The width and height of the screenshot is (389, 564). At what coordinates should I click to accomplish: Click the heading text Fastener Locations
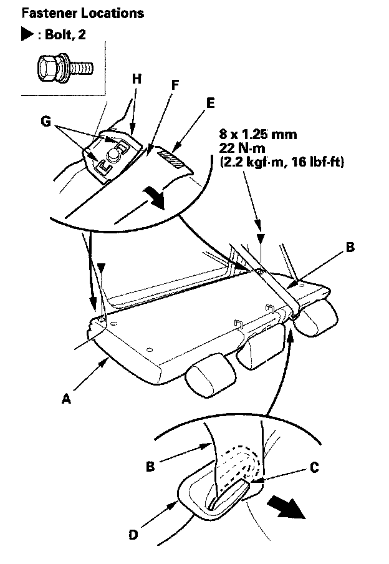click(x=83, y=13)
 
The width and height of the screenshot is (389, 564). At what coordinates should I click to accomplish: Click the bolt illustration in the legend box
click(x=65, y=67)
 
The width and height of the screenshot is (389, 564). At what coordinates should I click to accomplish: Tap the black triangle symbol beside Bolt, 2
click(x=27, y=34)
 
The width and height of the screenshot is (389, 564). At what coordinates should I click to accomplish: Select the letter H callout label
click(x=137, y=79)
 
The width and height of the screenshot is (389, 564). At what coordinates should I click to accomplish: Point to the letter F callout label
click(x=175, y=85)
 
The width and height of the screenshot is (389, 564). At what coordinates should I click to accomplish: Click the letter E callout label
click(x=210, y=103)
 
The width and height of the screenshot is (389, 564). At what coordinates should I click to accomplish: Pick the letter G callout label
click(x=46, y=122)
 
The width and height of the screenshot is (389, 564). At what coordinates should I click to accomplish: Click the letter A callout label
click(x=66, y=399)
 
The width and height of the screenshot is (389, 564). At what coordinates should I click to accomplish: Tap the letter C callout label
click(x=314, y=467)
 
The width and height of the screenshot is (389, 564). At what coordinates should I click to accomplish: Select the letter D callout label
click(x=133, y=535)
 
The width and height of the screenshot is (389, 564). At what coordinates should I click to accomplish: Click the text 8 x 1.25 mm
click(x=258, y=135)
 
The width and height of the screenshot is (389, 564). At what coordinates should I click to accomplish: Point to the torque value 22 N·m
click(x=242, y=148)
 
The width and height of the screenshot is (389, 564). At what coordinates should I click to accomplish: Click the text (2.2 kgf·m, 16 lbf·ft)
click(x=282, y=162)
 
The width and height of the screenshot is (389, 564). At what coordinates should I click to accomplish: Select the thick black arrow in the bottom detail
click(x=286, y=507)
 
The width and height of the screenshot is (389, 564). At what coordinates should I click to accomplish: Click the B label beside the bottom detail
click(x=150, y=467)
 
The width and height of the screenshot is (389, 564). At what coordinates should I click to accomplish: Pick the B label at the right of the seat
click(x=350, y=248)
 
